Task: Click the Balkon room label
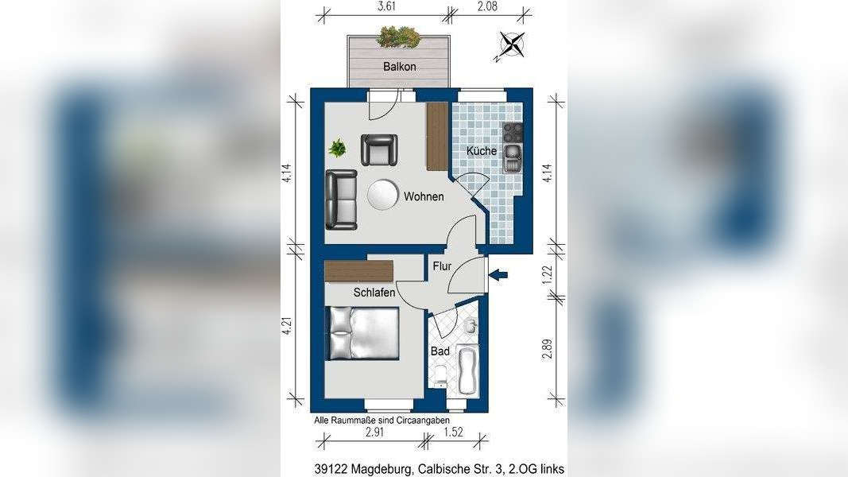point(399,67)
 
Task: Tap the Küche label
point(482,151)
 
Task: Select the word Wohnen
point(424,196)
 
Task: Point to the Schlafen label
point(374,292)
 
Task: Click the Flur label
point(442,266)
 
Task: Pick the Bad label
point(440,351)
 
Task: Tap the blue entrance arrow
point(498,275)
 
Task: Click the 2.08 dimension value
point(488,6)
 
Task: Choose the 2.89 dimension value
point(548,349)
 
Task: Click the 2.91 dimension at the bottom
point(374,432)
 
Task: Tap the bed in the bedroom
point(362,333)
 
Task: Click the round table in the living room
point(383,195)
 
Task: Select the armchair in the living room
point(379,149)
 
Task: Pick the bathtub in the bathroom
point(468,370)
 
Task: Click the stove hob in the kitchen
point(513,133)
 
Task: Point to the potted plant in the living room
point(338,148)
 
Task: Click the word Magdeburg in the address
point(381,469)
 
